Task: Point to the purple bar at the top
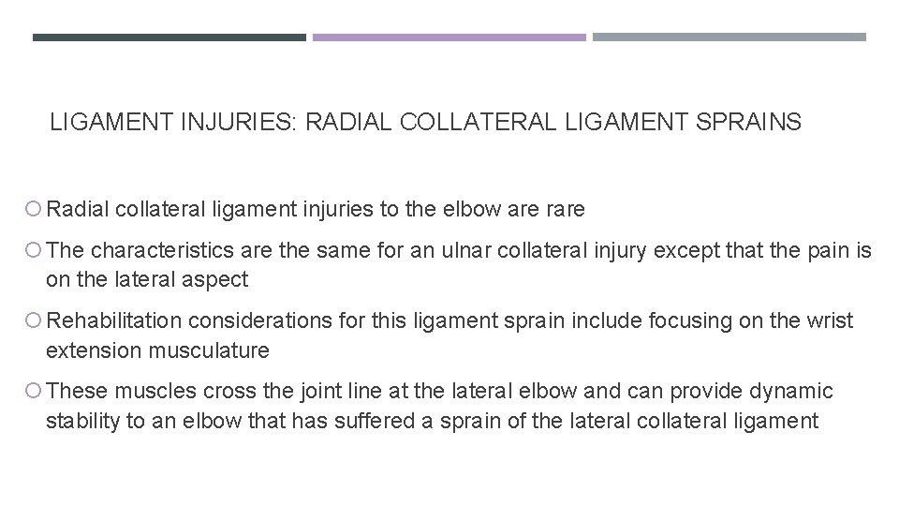pyautogui.click(x=449, y=37)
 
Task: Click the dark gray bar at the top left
pyautogui.click(x=169, y=37)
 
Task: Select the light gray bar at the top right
pyautogui.click(x=729, y=37)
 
